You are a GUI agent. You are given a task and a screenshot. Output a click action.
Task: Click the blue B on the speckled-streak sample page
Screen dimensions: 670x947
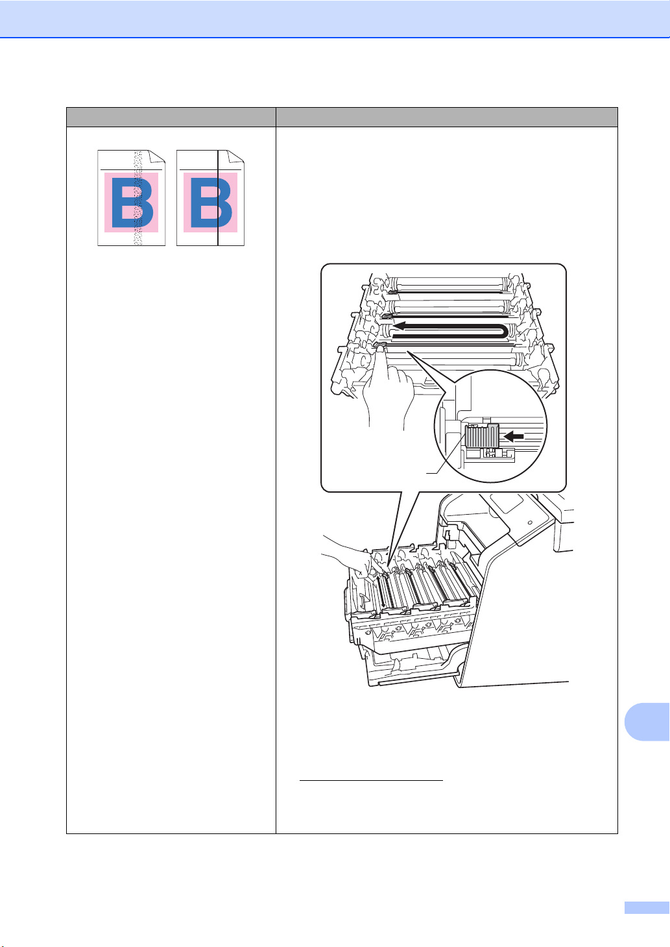(x=132, y=203)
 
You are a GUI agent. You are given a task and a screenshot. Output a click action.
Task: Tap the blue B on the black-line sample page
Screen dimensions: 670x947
(x=211, y=203)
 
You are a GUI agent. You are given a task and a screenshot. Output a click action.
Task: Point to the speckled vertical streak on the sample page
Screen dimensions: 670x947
(x=138, y=198)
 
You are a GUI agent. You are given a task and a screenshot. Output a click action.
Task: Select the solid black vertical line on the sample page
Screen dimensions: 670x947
(x=217, y=198)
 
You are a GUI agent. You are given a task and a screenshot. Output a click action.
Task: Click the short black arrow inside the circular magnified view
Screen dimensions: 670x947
(x=514, y=436)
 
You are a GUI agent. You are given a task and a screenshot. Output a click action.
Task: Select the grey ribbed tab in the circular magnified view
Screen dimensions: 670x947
(x=482, y=436)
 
